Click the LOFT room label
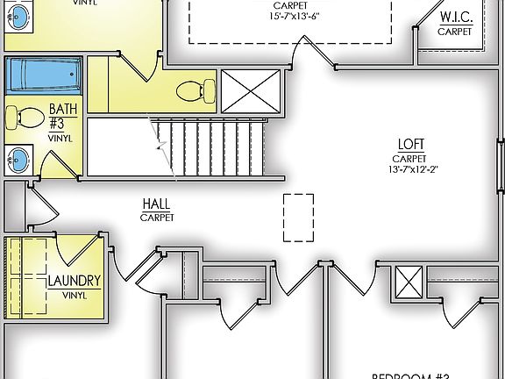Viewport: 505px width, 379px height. [411, 145]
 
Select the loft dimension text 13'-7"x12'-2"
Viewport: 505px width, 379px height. [411, 170]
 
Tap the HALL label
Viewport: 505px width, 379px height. [156, 204]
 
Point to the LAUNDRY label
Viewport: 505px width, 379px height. [75, 282]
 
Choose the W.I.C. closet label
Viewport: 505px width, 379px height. [455, 18]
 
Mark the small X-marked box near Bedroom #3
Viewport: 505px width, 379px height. [409, 282]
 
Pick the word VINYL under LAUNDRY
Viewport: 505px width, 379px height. [75, 297]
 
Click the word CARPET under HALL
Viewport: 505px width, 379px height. [156, 217]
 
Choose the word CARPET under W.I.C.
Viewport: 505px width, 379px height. [455, 31]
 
